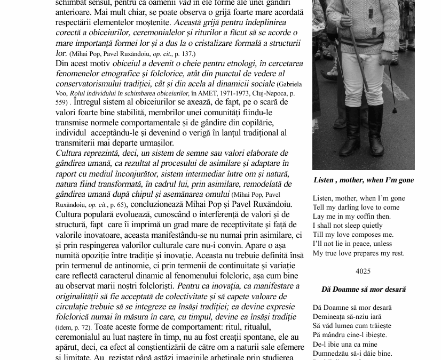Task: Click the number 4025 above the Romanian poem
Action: [363, 271]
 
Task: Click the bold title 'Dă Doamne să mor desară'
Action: [364, 290]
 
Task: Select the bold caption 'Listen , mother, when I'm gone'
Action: [364, 180]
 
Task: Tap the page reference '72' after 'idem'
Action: [85, 327]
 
